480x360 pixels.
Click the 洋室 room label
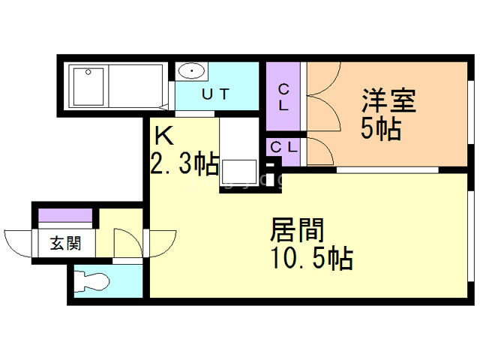pos(388,100)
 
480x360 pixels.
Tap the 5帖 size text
pos(380,129)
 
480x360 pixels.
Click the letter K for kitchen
pos(163,136)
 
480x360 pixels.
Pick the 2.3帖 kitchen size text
pos(184,162)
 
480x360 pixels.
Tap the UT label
pos(214,94)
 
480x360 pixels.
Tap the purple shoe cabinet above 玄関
pos(66,217)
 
